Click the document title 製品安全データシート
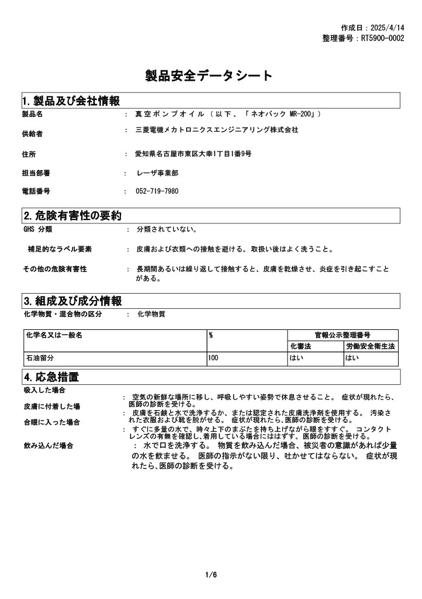tap(209, 75)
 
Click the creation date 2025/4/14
tap(388, 27)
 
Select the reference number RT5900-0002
tap(382, 38)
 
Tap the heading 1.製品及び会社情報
tap(71, 101)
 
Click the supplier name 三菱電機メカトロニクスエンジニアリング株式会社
tap(217, 130)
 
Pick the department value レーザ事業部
tap(157, 173)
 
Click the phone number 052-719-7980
tap(157, 191)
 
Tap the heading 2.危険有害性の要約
tap(72, 216)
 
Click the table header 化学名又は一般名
tap(54, 335)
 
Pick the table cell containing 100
tap(213, 357)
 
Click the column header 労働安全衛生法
tap(370, 346)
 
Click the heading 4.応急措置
tap(51, 376)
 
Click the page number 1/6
tap(211, 575)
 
